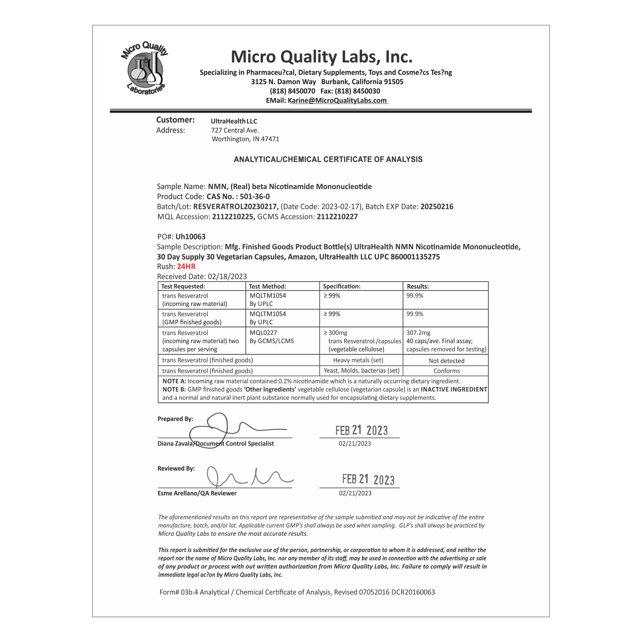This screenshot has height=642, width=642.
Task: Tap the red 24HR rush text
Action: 186,266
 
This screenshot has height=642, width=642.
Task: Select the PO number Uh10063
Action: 190,236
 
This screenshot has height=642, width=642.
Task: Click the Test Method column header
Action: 267,286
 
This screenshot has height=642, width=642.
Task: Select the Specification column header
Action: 341,286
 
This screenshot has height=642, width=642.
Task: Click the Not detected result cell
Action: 446,361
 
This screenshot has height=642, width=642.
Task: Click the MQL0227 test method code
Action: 263,333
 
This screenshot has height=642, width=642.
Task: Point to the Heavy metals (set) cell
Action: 358,360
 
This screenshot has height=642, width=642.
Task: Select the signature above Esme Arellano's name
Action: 247,477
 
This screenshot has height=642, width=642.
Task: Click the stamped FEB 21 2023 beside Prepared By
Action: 361,430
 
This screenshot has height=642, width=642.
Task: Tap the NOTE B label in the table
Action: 174,389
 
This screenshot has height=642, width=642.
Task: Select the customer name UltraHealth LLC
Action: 234,121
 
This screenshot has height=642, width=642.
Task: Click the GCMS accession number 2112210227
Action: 337,217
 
